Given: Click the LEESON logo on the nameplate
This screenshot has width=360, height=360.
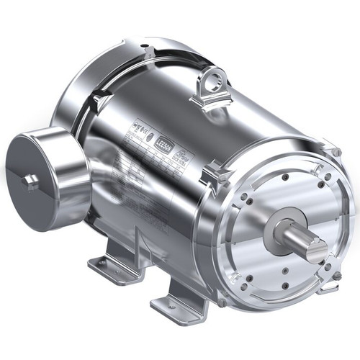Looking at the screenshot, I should (x=163, y=143).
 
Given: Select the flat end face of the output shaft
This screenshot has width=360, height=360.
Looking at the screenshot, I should (x=318, y=248).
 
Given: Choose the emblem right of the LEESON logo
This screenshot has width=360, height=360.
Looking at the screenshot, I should (x=181, y=153).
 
